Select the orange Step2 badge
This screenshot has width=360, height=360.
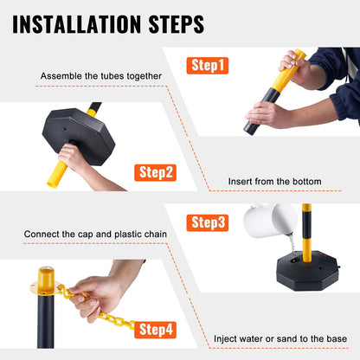(157, 172)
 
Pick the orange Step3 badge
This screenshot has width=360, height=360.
(209, 222)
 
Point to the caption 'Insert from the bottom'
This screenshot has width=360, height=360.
(274, 182)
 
